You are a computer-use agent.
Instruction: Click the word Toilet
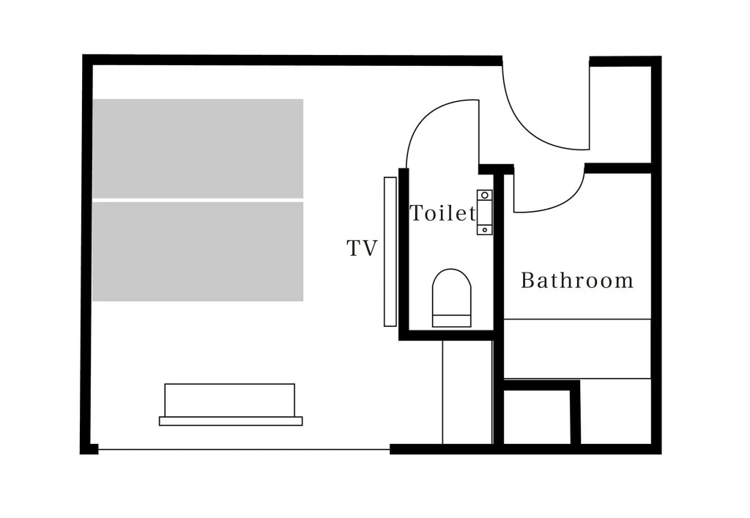[x=443, y=213]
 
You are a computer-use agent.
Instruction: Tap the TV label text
[x=362, y=248]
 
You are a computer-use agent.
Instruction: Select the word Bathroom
[x=577, y=281]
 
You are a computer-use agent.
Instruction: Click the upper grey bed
[x=198, y=148]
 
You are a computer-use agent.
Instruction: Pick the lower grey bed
[x=198, y=251]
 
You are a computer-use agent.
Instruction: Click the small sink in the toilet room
[x=485, y=212]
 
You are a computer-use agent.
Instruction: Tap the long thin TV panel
[x=390, y=251]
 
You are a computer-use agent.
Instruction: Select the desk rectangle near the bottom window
[x=229, y=400]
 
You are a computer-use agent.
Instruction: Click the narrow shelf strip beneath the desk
[x=231, y=421]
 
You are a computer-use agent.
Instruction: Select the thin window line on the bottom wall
[x=244, y=450]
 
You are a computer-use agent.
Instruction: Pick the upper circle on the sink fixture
[x=485, y=195]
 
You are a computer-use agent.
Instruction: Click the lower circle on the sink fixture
[x=485, y=230]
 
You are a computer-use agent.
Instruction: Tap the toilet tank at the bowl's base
[x=451, y=321]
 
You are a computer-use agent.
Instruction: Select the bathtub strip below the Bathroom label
[x=577, y=349]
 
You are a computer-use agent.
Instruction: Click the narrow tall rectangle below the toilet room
[x=467, y=392]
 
